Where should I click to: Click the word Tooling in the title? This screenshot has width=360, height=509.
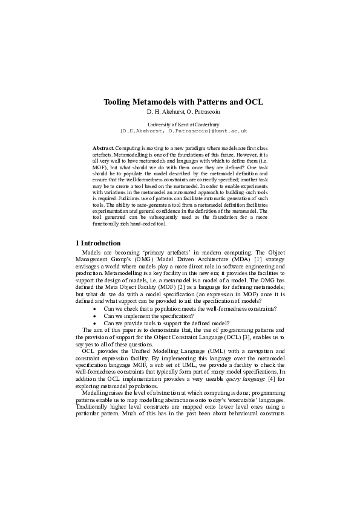pyautogui.click(x=119, y=103)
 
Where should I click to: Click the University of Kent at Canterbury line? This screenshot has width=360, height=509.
pyautogui.click(x=180, y=124)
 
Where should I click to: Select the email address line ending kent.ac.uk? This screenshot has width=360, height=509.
pyautogui.click(x=180, y=131)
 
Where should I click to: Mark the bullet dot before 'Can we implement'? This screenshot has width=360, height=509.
pyautogui.click(x=94, y=316)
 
